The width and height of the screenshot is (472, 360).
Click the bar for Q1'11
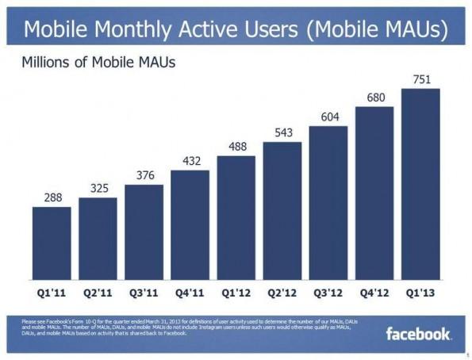click(x=52, y=246)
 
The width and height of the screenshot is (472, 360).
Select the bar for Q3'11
click(x=144, y=235)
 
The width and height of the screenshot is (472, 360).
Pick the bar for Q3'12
click(x=328, y=205)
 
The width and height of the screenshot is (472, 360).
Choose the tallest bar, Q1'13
click(x=420, y=186)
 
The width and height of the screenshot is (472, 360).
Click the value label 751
click(x=420, y=79)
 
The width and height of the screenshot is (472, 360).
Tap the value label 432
click(x=190, y=161)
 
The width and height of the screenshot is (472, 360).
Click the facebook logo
click(x=418, y=333)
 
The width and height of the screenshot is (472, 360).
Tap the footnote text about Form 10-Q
click(x=182, y=327)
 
